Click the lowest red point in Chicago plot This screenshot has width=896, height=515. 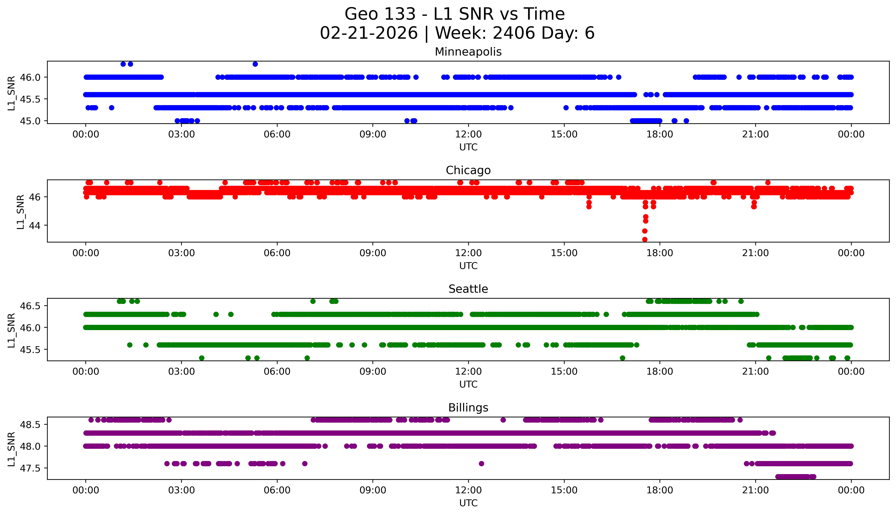tap(645, 239)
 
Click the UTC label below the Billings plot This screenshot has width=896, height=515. tap(468, 503)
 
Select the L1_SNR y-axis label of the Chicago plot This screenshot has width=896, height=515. tap(21, 212)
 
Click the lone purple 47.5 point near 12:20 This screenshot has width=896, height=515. tap(481, 463)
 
